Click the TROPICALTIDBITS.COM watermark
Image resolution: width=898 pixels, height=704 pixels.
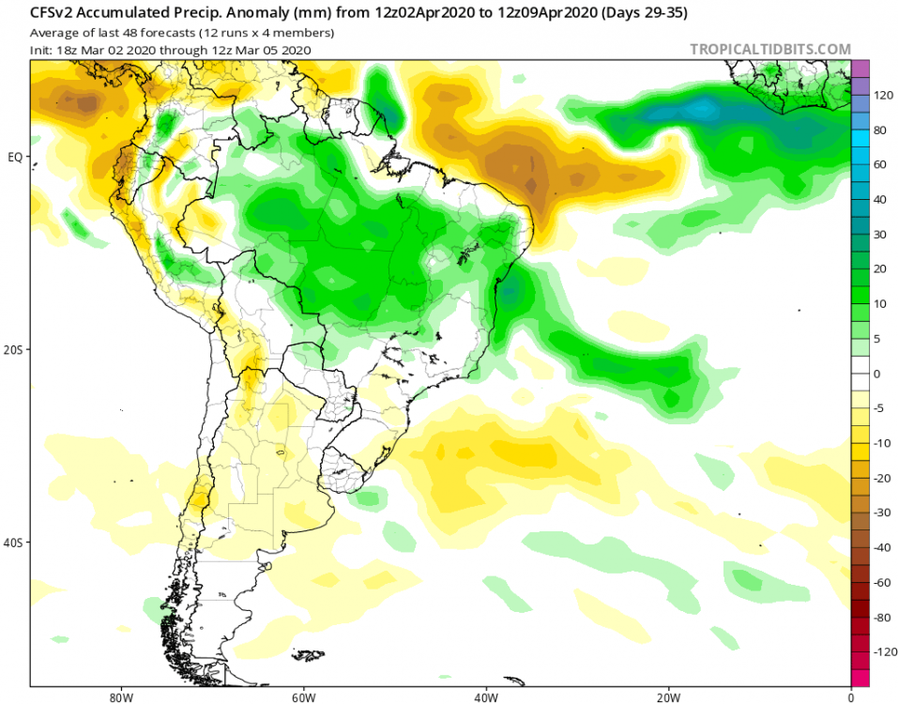(769, 50)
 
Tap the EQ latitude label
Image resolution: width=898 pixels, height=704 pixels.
(15, 157)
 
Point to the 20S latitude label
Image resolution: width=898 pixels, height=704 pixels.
(14, 349)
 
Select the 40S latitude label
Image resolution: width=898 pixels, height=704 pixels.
(14, 543)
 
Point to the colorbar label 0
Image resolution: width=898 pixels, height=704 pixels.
(878, 374)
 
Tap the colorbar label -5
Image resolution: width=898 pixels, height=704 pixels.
(880, 408)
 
